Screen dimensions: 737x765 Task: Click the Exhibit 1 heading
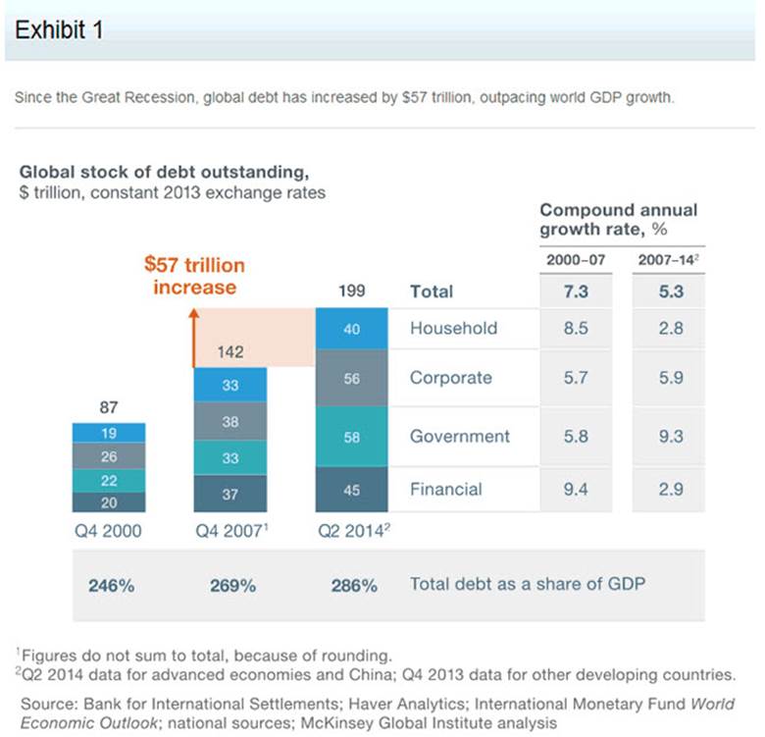(x=60, y=29)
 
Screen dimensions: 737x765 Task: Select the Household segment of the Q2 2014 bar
(x=352, y=330)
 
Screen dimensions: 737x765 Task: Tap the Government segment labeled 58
(x=352, y=437)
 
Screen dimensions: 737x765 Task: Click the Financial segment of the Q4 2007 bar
(x=229, y=495)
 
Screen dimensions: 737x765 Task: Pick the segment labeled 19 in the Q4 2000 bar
(x=109, y=432)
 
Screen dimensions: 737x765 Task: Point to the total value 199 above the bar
(x=352, y=290)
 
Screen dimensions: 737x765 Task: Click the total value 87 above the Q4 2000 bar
(x=109, y=407)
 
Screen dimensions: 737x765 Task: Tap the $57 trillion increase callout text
(x=194, y=276)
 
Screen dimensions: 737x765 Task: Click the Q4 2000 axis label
(x=109, y=532)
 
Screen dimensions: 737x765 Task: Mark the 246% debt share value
(x=110, y=585)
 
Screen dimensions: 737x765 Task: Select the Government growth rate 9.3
(x=671, y=437)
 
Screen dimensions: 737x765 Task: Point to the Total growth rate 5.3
(x=671, y=291)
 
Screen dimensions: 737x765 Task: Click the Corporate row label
(x=450, y=378)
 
